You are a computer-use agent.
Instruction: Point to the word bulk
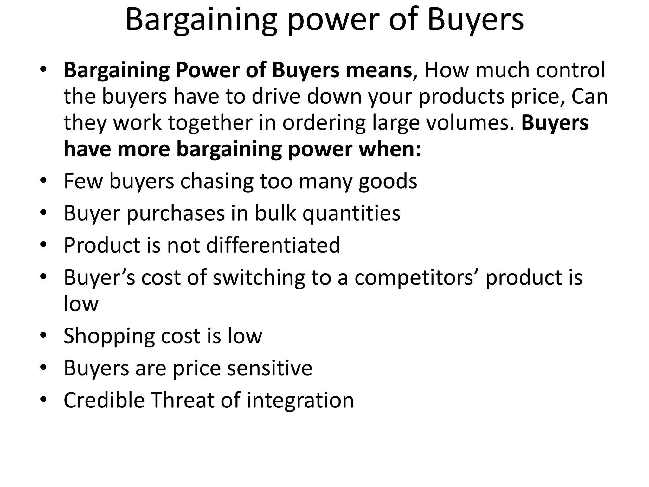(275, 213)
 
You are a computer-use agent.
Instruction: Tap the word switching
(259, 278)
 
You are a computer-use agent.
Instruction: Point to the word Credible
(103, 400)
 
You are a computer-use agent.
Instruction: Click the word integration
(300, 400)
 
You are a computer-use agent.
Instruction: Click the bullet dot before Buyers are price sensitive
(43, 367)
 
